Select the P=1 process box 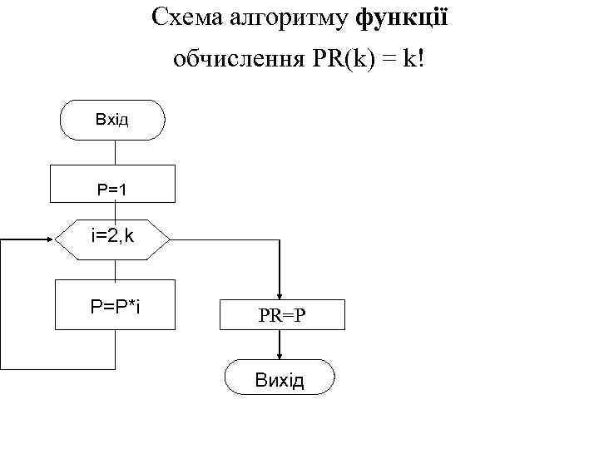pyautogui.click(x=113, y=184)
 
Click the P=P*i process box pyautogui.click(x=114, y=305)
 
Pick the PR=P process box pyautogui.click(x=280, y=316)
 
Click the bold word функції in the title pyautogui.click(x=402, y=17)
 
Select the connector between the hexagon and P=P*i pyautogui.click(x=114, y=270)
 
